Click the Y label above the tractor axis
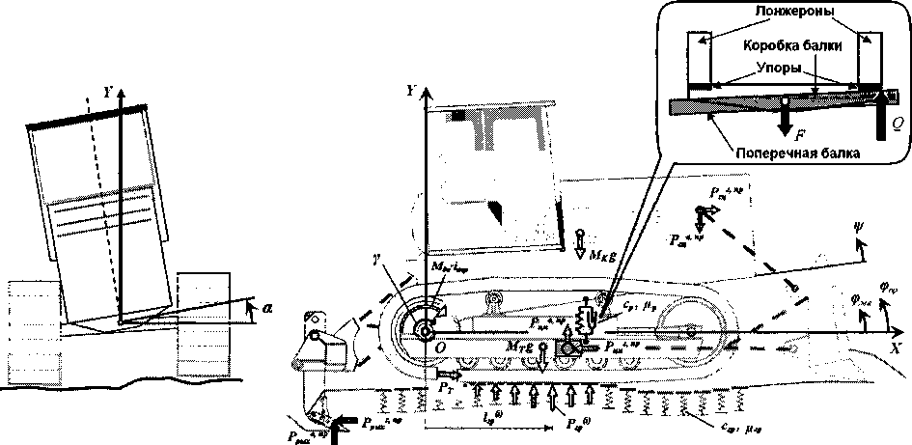pyautogui.click(x=413, y=91)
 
